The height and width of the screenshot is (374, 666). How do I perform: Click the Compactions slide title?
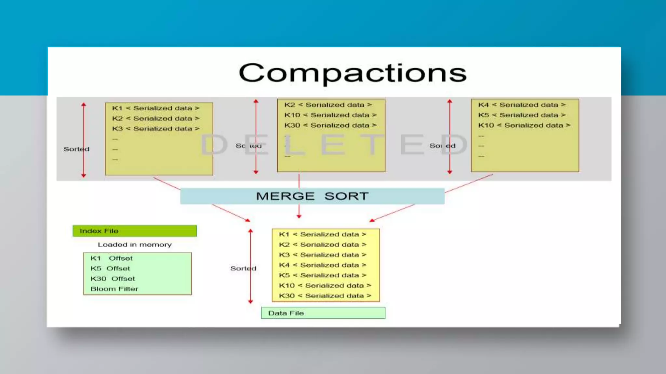click(x=353, y=73)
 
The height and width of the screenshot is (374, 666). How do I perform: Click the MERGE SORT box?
click(x=312, y=196)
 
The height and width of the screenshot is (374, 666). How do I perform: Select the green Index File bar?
click(x=135, y=231)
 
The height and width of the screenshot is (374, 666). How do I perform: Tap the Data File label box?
click(x=323, y=313)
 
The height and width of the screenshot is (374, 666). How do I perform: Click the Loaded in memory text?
click(x=135, y=244)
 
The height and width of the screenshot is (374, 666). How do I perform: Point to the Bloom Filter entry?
click(x=114, y=289)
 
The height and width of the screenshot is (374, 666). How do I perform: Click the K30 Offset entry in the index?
click(x=113, y=279)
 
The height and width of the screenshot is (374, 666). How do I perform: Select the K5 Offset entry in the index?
click(x=110, y=268)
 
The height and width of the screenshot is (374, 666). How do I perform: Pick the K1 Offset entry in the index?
click(x=111, y=258)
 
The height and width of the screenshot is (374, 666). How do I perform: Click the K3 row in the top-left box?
click(x=156, y=129)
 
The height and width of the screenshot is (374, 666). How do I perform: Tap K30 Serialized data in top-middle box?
click(x=330, y=125)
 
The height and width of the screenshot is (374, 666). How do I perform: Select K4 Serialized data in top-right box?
click(x=522, y=105)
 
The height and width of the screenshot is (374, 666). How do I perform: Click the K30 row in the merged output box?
click(x=325, y=296)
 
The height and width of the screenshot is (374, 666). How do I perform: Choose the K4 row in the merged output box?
click(x=323, y=265)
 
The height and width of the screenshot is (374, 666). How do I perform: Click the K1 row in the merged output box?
click(x=323, y=234)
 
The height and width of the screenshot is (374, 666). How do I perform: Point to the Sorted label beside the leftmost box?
click(x=76, y=149)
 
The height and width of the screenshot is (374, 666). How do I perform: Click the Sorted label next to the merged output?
click(x=243, y=268)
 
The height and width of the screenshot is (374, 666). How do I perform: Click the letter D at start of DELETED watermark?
click(x=214, y=145)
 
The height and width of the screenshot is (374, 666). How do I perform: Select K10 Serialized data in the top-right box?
click(x=524, y=125)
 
